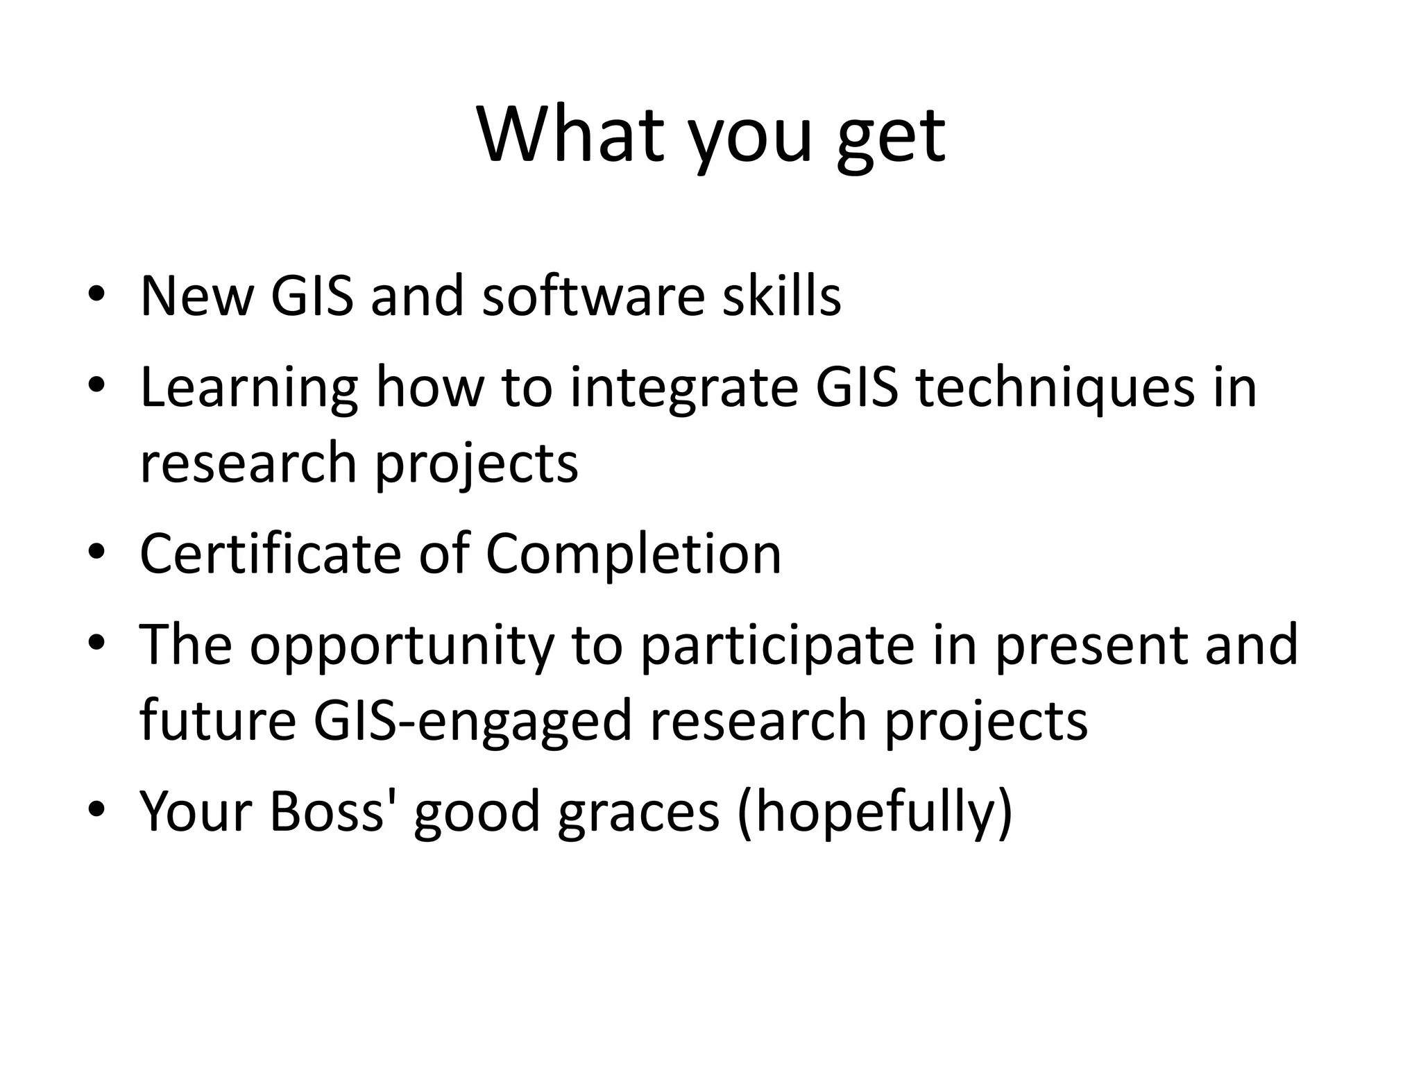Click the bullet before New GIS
pyautogui.click(x=96, y=294)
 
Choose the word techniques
pyautogui.click(x=1055, y=389)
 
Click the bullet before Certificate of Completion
pyautogui.click(x=96, y=552)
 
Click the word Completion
pyautogui.click(x=633, y=555)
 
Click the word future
pyautogui.click(x=217, y=720)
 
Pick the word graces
pyautogui.click(x=638, y=813)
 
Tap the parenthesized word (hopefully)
pyautogui.click(x=875, y=813)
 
